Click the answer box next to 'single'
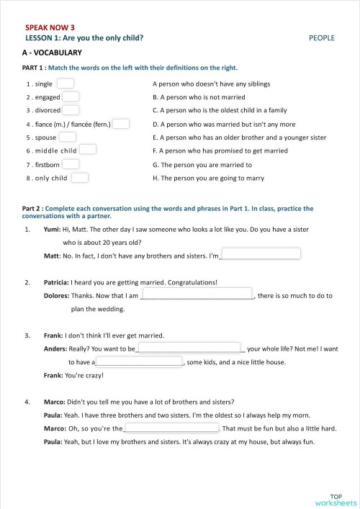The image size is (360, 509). pyautogui.click(x=66, y=84)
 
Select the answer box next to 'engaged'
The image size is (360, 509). pyautogui.click(x=71, y=96)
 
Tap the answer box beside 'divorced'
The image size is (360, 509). pyautogui.click(x=71, y=110)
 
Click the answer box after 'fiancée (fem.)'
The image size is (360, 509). pyautogui.click(x=121, y=124)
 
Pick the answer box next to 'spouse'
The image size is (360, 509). pyautogui.click(x=68, y=137)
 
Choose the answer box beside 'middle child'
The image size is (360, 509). pyautogui.click(x=88, y=150)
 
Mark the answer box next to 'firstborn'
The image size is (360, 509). pyautogui.click(x=71, y=163)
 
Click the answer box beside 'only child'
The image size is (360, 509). pyautogui.click(x=80, y=177)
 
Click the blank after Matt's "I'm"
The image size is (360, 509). pyautogui.click(x=260, y=254)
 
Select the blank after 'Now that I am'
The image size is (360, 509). pyautogui.click(x=197, y=294)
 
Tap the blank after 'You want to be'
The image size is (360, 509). pyautogui.click(x=189, y=348)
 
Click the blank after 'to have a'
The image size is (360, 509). pyautogui.click(x=140, y=361)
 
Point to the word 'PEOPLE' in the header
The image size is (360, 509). pyautogui.click(x=322, y=37)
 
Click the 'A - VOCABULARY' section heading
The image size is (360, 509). pyautogui.click(x=52, y=53)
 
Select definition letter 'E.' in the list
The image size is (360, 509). pyautogui.click(x=156, y=137)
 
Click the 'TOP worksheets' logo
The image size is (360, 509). pyautogui.click(x=336, y=498)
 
